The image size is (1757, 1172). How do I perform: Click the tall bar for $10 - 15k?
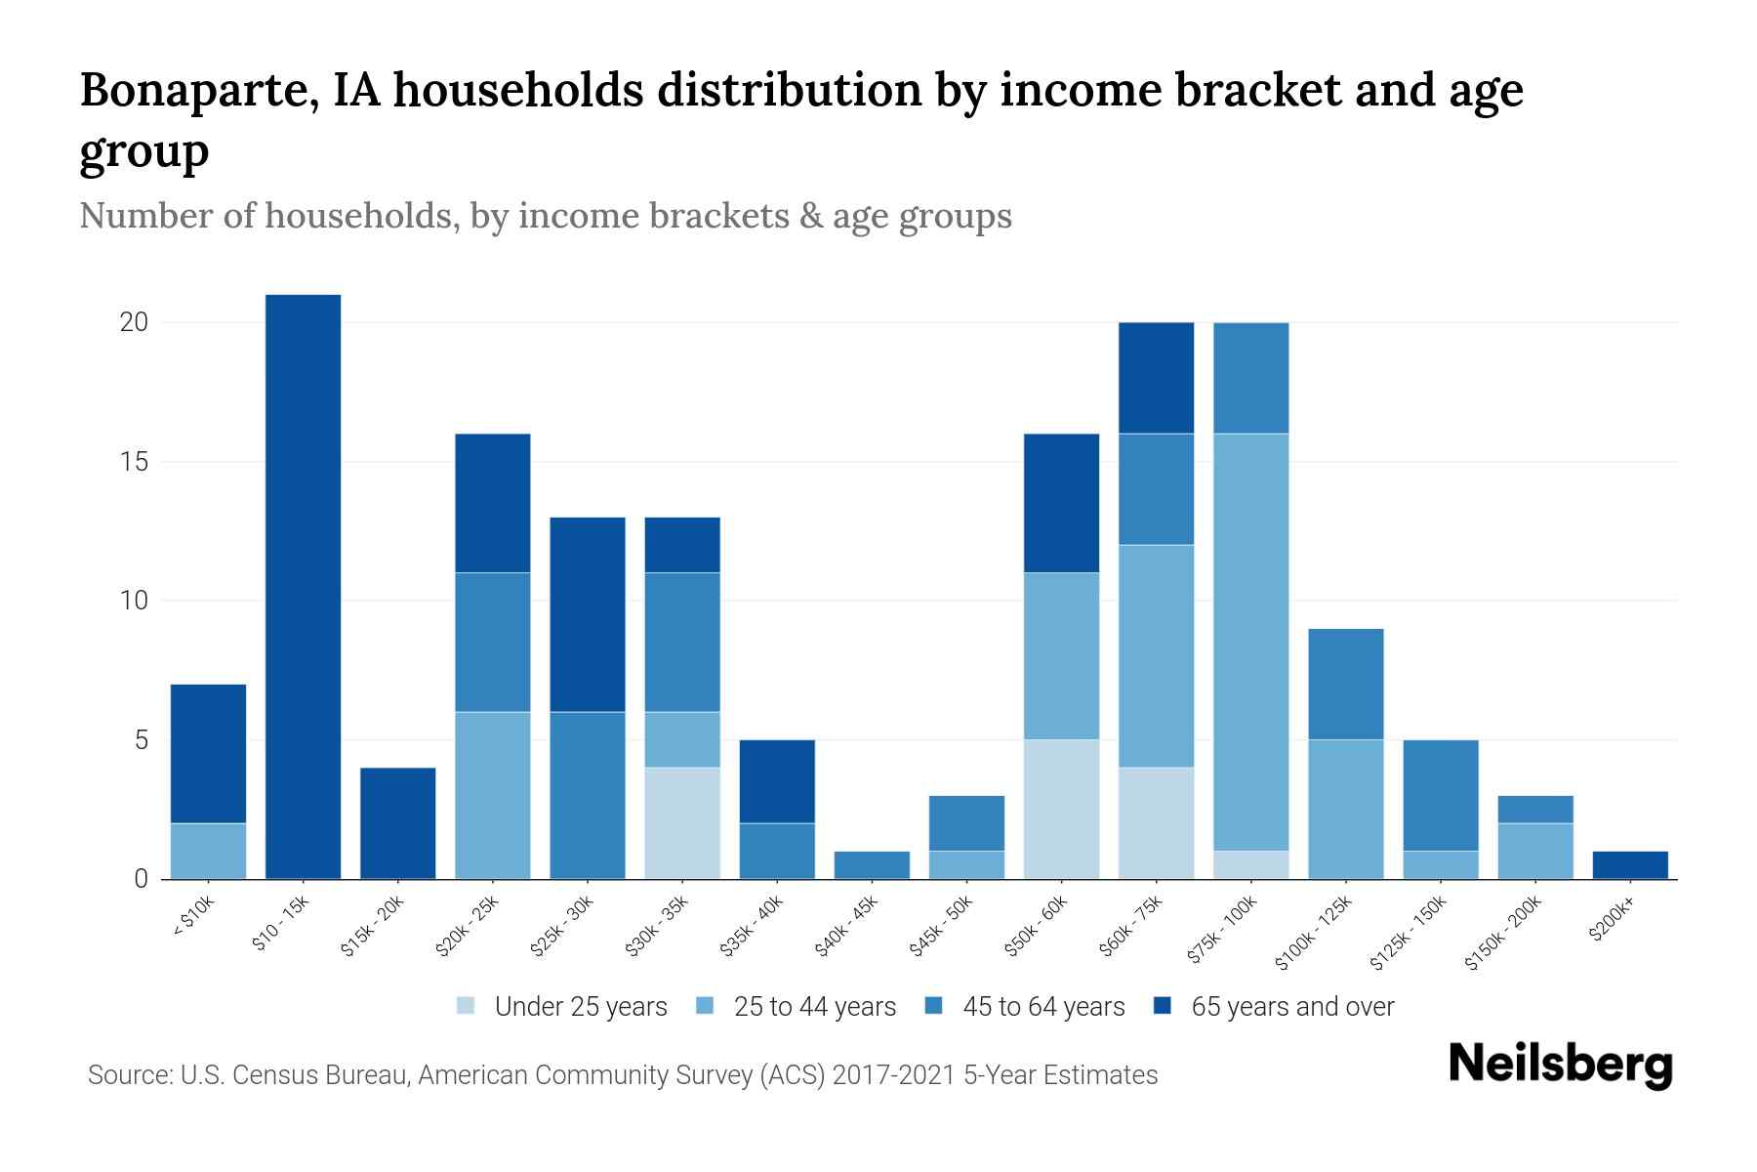pos(303,586)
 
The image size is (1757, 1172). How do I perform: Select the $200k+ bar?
pos(1630,865)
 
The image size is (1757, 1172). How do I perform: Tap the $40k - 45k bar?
pos(872,865)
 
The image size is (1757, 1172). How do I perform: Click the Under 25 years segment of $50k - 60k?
pos(1061,809)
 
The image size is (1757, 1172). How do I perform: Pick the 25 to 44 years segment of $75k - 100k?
pos(1250,642)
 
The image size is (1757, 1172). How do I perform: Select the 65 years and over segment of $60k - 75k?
pos(1156,378)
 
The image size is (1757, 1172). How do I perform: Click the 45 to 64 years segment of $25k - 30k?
pos(588,795)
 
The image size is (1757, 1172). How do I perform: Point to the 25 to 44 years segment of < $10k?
pos(208,851)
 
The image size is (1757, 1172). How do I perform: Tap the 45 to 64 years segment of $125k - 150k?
pos(1440,795)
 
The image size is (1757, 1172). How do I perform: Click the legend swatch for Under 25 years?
pos(467,1006)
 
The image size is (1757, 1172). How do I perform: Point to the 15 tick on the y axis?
pos(135,461)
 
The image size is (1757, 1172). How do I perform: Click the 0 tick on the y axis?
pos(142,879)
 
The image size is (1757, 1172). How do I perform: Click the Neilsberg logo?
pos(1560,1065)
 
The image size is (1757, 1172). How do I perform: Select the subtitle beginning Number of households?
pos(545,216)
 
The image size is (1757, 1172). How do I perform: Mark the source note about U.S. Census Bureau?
pos(622,1075)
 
